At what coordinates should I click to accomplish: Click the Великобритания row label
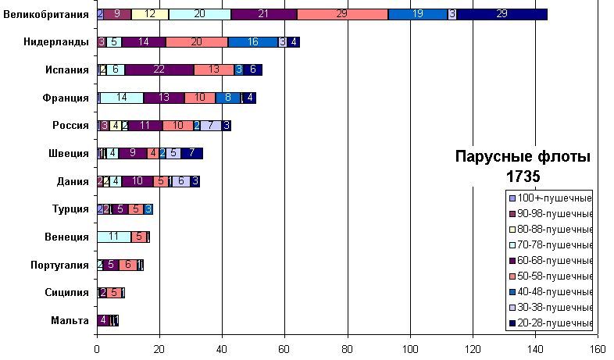click(x=46, y=14)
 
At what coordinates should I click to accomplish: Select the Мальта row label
click(x=71, y=319)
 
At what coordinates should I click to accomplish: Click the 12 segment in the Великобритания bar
click(x=150, y=14)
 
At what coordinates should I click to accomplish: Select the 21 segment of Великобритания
click(x=264, y=14)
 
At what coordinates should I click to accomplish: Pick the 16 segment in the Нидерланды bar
click(x=253, y=42)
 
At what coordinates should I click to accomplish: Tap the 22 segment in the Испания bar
click(x=159, y=70)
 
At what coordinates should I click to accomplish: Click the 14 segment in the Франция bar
click(x=122, y=98)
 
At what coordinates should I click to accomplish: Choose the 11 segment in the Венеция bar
click(x=114, y=237)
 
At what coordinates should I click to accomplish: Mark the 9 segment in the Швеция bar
click(x=133, y=153)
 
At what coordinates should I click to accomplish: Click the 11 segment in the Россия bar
click(x=145, y=125)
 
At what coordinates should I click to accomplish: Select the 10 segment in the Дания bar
click(x=137, y=181)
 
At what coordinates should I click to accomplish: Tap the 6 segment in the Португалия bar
click(x=128, y=265)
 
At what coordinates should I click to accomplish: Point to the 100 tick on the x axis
click(x=410, y=351)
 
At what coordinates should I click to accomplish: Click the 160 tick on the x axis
click(x=598, y=351)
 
